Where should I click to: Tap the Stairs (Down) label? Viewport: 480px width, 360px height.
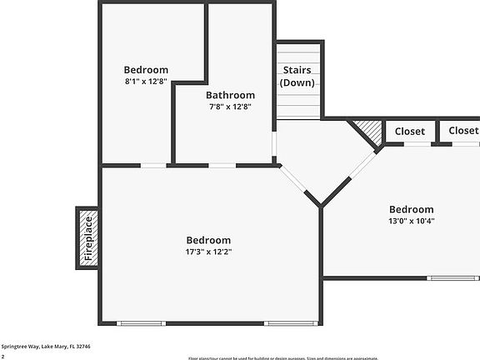click(298, 77)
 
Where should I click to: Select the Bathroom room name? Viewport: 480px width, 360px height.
click(231, 95)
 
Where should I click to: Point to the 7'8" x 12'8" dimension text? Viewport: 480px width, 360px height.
click(231, 107)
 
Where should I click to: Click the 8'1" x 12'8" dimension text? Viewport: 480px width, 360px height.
click(146, 82)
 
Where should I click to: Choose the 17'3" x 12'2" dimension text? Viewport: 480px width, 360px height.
click(208, 252)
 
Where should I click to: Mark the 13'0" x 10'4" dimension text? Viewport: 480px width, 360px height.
click(412, 222)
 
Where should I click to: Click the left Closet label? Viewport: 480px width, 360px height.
click(409, 132)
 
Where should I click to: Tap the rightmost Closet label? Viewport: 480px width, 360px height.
click(463, 131)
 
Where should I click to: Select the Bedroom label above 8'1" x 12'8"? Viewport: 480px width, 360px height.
click(146, 70)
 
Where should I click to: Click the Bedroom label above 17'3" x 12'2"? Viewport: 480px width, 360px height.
click(208, 240)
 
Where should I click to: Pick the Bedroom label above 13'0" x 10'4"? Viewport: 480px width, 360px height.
click(412, 209)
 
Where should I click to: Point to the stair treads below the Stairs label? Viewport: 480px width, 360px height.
click(298, 104)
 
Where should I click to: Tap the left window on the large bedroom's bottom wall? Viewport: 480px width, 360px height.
click(141, 323)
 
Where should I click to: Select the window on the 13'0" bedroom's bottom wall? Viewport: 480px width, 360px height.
click(452, 277)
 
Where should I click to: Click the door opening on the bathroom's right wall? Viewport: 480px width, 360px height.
click(274, 144)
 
